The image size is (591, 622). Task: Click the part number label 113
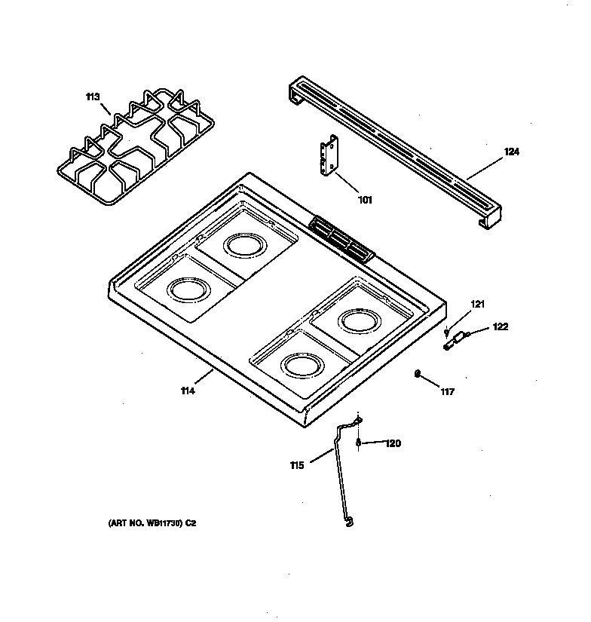pyautogui.click(x=92, y=97)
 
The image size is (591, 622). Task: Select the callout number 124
pyautogui.click(x=511, y=152)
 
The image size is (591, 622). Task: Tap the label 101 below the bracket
pyautogui.click(x=365, y=201)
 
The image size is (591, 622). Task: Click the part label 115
pyautogui.click(x=297, y=465)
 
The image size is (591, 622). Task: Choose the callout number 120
pyautogui.click(x=393, y=443)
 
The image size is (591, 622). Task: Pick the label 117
pyautogui.click(x=447, y=391)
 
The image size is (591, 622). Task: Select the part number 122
pyautogui.click(x=501, y=326)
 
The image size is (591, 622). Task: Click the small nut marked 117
pyautogui.click(x=416, y=373)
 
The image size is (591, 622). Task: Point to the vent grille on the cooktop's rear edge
pyautogui.click(x=340, y=241)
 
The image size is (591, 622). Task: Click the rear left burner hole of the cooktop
pyautogui.click(x=242, y=244)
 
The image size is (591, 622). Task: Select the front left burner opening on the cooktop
pyautogui.click(x=185, y=289)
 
